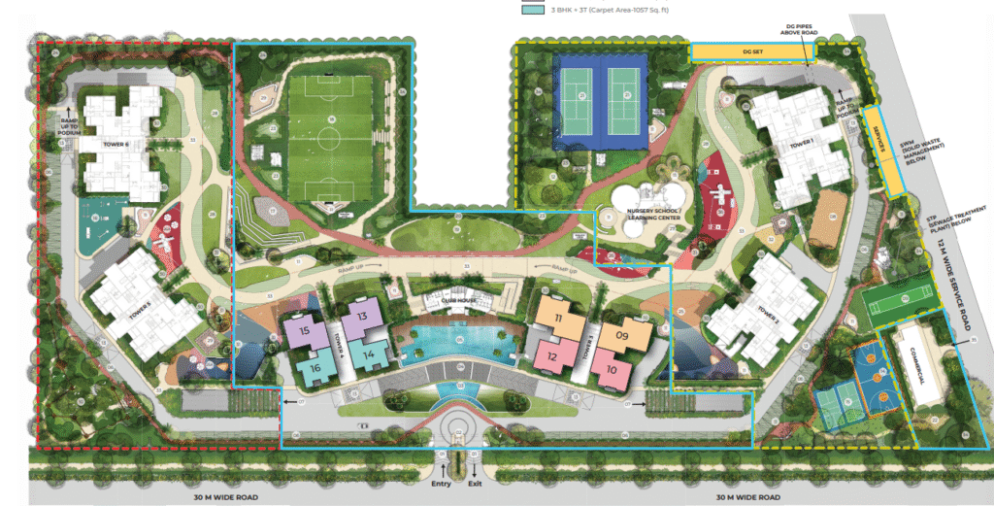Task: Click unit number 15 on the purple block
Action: click(x=305, y=331)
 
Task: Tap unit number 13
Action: click(x=361, y=317)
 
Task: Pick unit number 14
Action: click(x=368, y=355)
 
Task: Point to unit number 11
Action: click(x=558, y=319)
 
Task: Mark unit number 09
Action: click(x=622, y=337)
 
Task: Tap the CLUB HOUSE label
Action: click(x=456, y=300)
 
